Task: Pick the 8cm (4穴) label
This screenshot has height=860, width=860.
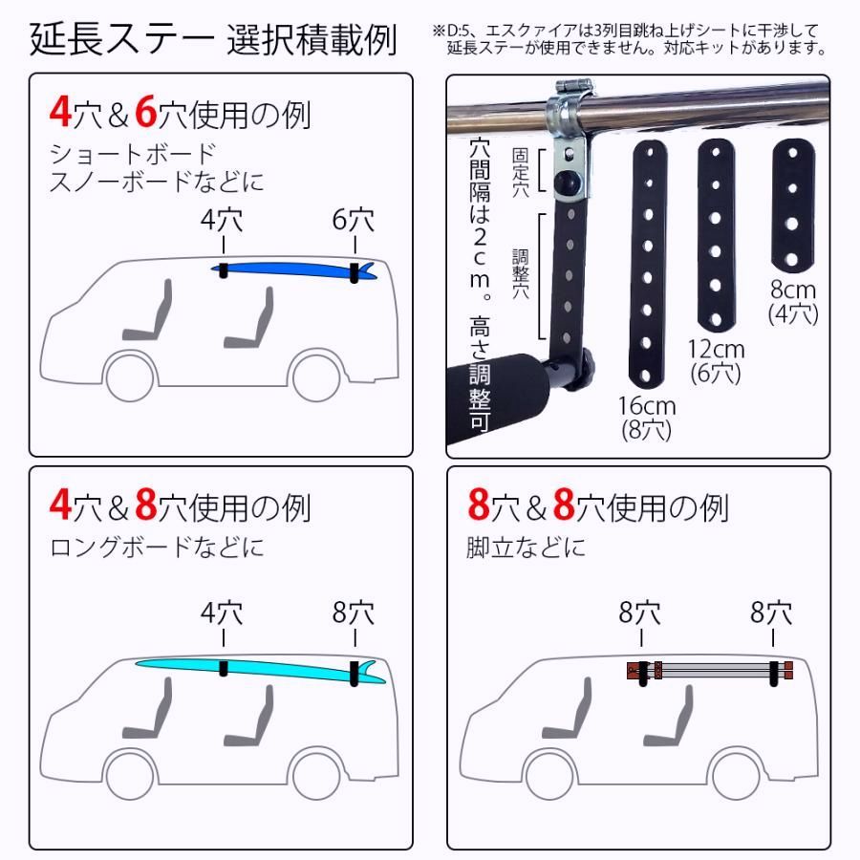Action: click(x=793, y=300)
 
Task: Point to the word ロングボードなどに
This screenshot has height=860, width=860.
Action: click(x=157, y=548)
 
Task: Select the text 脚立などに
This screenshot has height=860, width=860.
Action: click(x=527, y=548)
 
